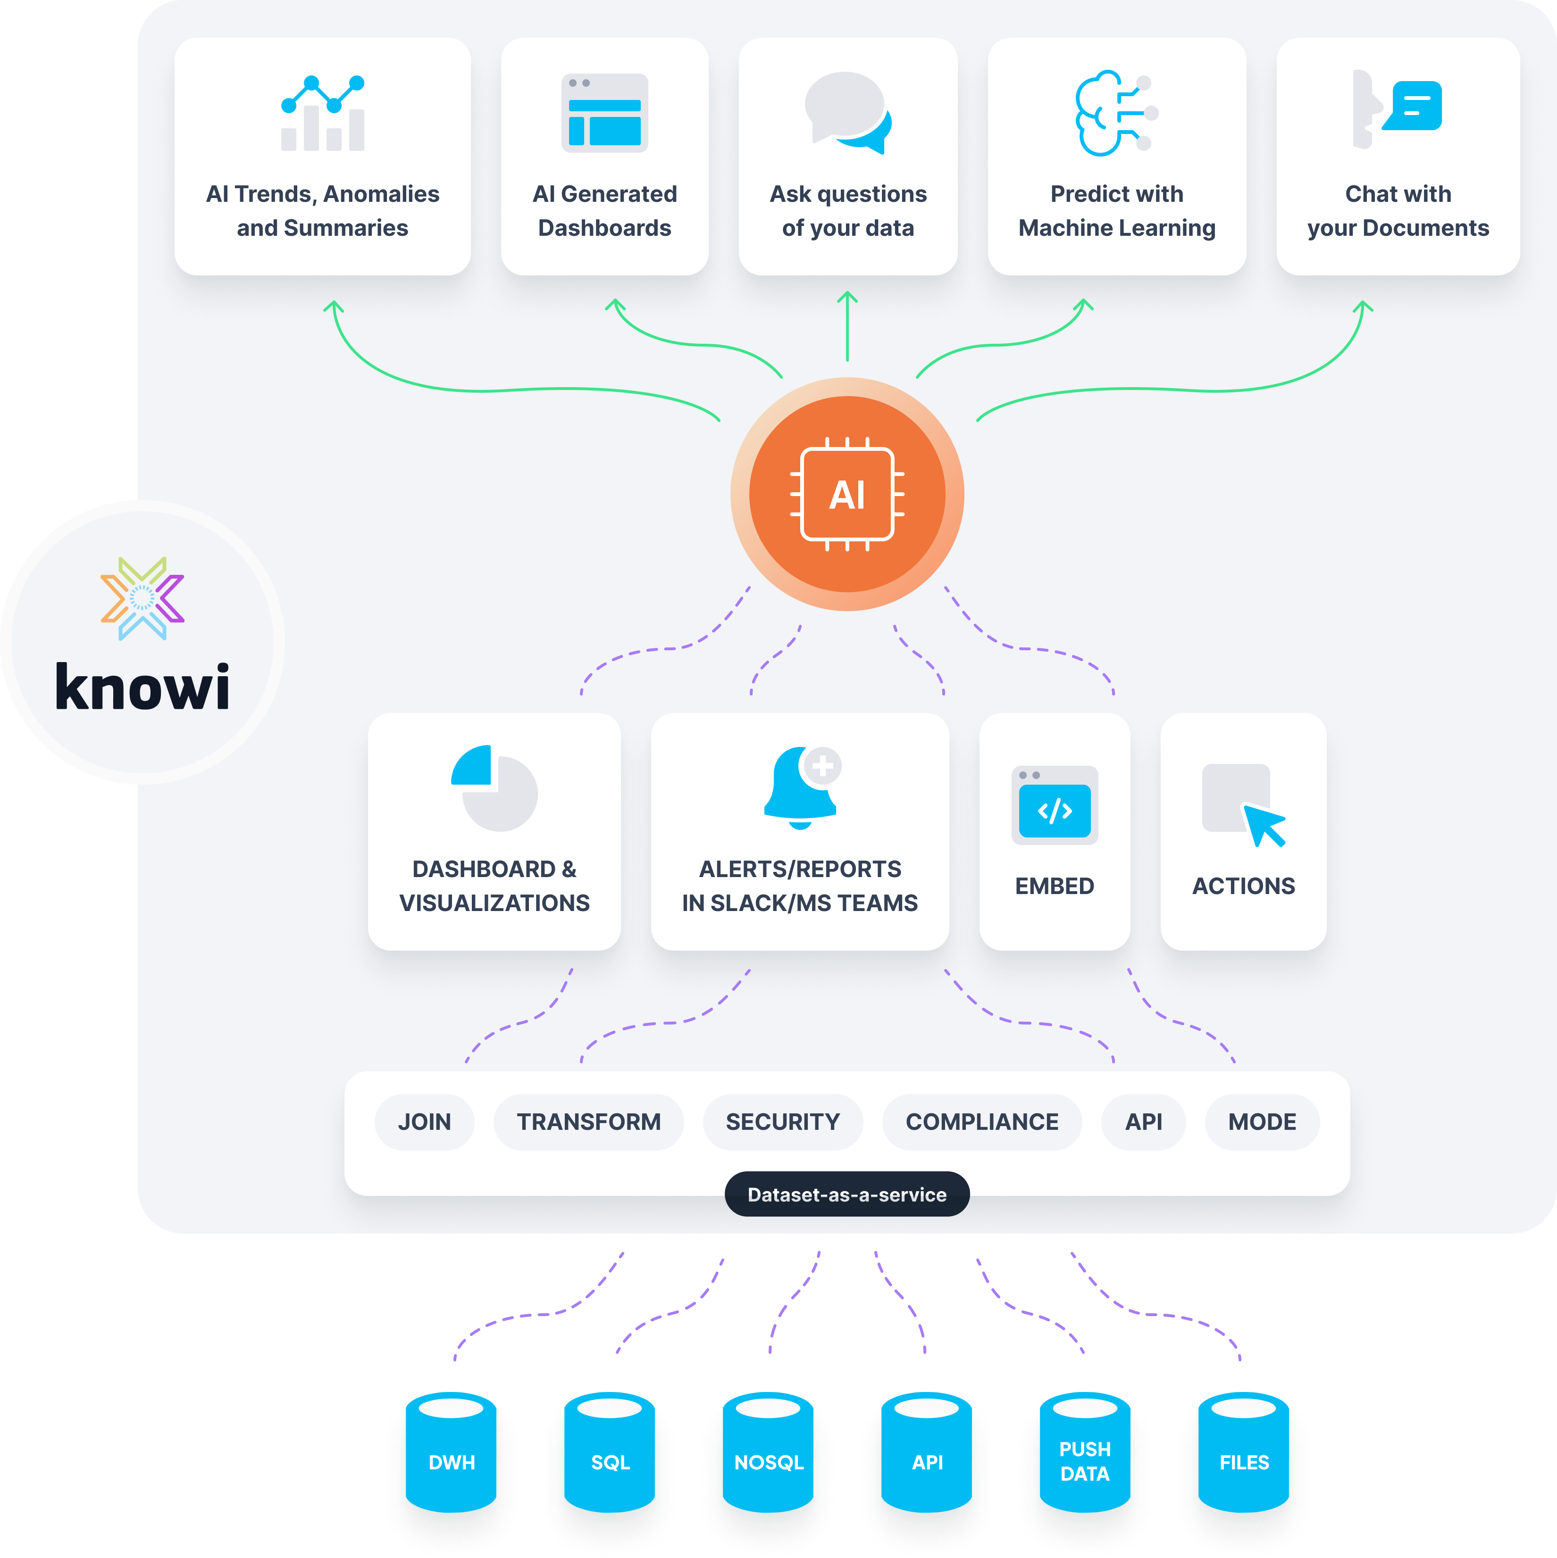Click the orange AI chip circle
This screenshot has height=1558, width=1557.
click(846, 494)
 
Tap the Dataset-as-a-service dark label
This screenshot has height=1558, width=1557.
click(846, 1194)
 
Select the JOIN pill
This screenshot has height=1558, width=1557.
click(424, 1122)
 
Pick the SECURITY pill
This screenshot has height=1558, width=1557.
click(783, 1122)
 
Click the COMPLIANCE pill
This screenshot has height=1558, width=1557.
click(982, 1122)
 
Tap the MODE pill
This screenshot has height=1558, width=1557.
click(1262, 1122)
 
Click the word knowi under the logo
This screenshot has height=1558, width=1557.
click(142, 687)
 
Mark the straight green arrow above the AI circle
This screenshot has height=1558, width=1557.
click(847, 327)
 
